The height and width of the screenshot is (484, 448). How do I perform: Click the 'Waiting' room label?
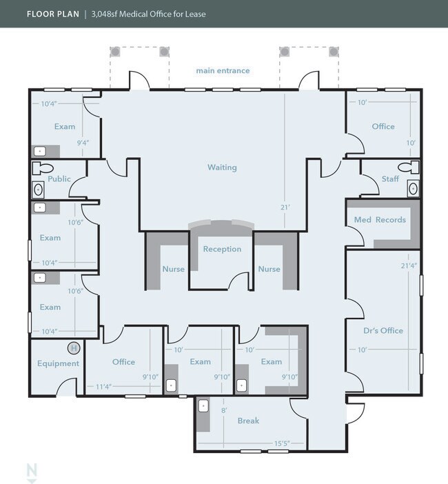click(x=222, y=168)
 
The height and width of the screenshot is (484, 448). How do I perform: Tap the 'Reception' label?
click(x=222, y=249)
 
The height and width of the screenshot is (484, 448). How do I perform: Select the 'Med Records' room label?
click(x=380, y=220)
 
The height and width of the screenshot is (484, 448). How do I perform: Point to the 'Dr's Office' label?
click(x=383, y=330)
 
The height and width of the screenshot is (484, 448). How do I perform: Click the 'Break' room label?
click(x=248, y=421)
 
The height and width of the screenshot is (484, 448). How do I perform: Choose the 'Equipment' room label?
click(x=59, y=363)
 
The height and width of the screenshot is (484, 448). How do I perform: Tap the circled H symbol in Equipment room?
click(x=74, y=348)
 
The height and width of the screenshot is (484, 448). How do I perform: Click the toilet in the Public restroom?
click(x=43, y=168)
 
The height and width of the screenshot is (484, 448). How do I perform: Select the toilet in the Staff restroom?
click(x=409, y=168)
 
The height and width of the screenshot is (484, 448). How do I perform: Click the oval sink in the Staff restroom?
click(x=413, y=188)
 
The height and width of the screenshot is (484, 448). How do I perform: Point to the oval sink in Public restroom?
click(x=39, y=190)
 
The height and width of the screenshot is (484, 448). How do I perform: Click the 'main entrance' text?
click(x=223, y=71)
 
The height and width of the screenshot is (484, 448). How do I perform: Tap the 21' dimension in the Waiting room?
click(x=285, y=208)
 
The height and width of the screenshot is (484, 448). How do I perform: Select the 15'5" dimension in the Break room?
click(x=282, y=443)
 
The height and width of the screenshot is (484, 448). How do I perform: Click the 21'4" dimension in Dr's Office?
click(x=409, y=265)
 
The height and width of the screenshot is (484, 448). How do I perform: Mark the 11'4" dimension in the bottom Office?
click(x=103, y=387)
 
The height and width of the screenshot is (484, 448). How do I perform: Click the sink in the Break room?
click(x=203, y=405)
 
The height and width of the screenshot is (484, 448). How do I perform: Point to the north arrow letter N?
click(x=32, y=470)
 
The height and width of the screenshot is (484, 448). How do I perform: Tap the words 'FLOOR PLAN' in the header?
click(x=53, y=14)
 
